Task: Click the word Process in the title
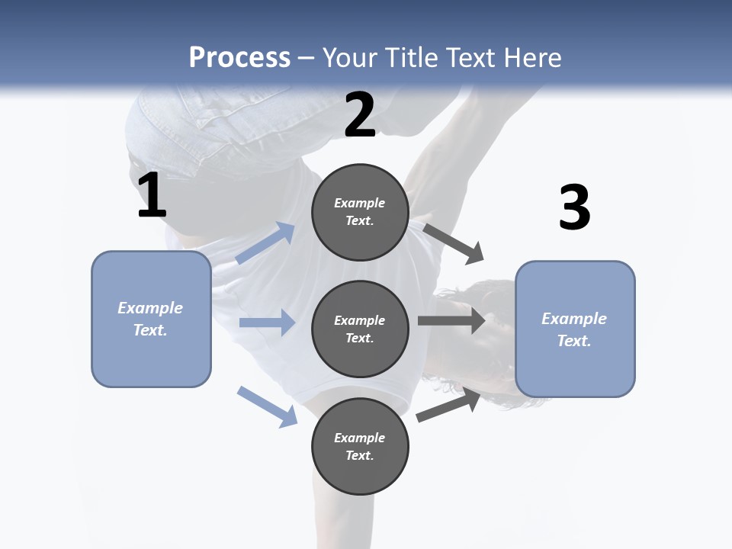pyautogui.click(x=239, y=58)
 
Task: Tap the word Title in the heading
pyautogui.click(x=411, y=58)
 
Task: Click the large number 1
pyautogui.click(x=152, y=196)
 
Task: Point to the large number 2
pyautogui.click(x=360, y=115)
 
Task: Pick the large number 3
pyautogui.click(x=574, y=208)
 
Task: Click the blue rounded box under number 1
pyautogui.click(x=151, y=319)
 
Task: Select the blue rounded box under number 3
pyautogui.click(x=575, y=329)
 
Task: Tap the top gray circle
pyautogui.click(x=360, y=212)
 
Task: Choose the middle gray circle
pyautogui.click(x=360, y=329)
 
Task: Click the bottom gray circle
pyautogui.click(x=360, y=446)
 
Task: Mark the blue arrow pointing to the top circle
pyautogui.click(x=265, y=242)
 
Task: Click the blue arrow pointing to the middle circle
pyautogui.click(x=267, y=323)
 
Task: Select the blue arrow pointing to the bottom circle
pyautogui.click(x=267, y=406)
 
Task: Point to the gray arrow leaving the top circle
pyautogui.click(x=454, y=242)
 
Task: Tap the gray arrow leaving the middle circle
pyautogui.click(x=451, y=321)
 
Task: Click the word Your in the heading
pyautogui.click(x=349, y=58)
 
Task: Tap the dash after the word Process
pyautogui.click(x=306, y=59)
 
